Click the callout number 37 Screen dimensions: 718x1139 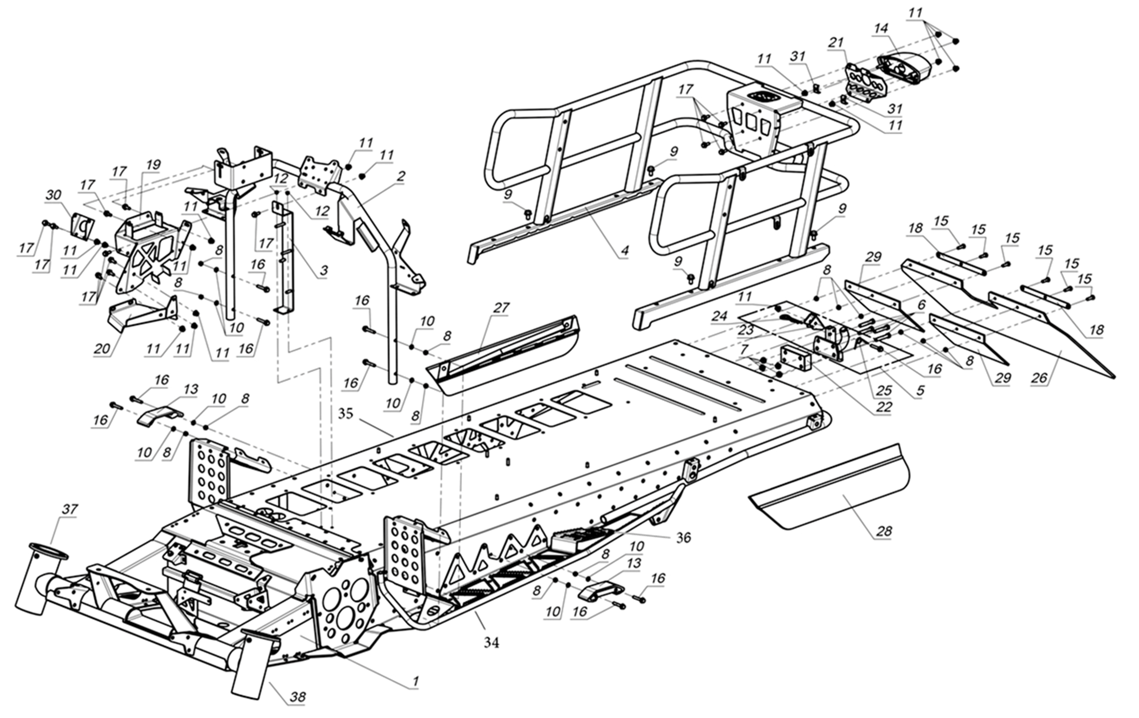click(x=69, y=509)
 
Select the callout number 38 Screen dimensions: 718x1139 click(x=297, y=697)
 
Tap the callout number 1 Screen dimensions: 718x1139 click(x=415, y=681)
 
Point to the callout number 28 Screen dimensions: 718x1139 click(x=885, y=531)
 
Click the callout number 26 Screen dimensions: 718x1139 click(x=1039, y=378)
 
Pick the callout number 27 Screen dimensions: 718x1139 click(x=501, y=308)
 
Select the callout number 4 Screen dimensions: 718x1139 click(x=625, y=251)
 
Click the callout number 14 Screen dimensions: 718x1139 click(x=880, y=28)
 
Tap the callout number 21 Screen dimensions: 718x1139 click(x=835, y=42)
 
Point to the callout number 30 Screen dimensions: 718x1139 click(x=53, y=195)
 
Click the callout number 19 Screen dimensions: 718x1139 click(x=153, y=165)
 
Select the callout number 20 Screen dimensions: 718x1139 click(x=102, y=348)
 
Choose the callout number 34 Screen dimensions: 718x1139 click(x=491, y=642)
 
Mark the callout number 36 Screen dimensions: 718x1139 click(x=684, y=537)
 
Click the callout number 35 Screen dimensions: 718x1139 click(x=346, y=413)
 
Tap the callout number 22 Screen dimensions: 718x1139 click(x=884, y=406)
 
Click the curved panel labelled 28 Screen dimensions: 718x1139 click(x=834, y=492)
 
